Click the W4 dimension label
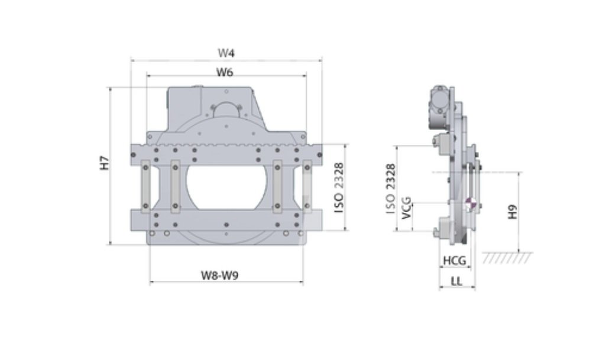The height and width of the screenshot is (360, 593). (226, 53)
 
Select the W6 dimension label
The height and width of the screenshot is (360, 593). (225, 72)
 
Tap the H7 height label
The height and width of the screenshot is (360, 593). (105, 163)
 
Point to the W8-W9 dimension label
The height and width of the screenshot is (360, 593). (220, 275)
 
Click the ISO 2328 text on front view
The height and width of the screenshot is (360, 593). (339, 187)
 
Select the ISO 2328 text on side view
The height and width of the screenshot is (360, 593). (391, 189)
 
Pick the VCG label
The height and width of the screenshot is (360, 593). (406, 207)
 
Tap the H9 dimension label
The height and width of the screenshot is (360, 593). (512, 212)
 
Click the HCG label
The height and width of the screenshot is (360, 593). (455, 261)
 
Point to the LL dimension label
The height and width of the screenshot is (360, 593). (456, 281)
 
